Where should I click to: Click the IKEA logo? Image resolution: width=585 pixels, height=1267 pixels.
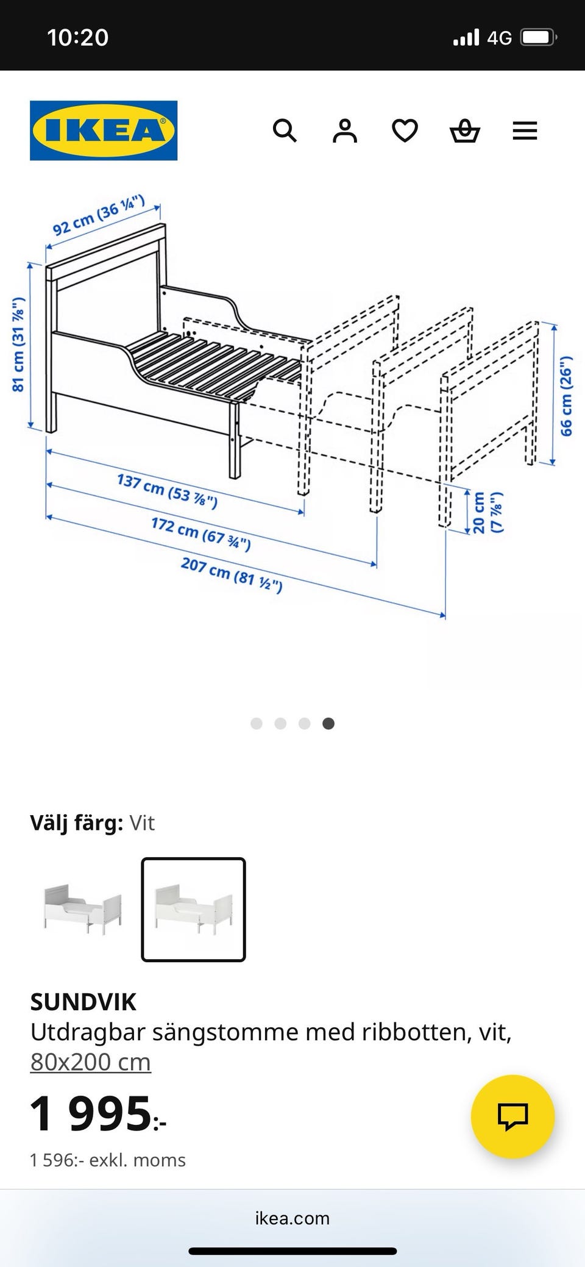coord(104,130)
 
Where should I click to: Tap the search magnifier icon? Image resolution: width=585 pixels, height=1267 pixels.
coord(285,130)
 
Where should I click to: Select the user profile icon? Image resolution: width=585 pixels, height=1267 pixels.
coord(344,130)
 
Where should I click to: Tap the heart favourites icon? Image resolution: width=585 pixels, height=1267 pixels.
coord(405,130)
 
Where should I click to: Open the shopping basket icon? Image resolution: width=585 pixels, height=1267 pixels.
coord(464,130)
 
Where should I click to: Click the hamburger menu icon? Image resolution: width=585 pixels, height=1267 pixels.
coord(525,130)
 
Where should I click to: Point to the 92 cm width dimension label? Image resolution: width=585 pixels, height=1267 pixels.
coord(99,215)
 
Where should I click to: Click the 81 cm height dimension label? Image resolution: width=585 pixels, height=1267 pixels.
coord(18,344)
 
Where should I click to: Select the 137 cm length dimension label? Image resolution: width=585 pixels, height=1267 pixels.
coord(167,490)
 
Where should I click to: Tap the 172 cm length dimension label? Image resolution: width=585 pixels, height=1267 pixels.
coord(201,533)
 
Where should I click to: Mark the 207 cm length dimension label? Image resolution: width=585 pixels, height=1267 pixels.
coord(232,574)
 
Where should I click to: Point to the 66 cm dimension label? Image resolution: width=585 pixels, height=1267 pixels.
coord(567,396)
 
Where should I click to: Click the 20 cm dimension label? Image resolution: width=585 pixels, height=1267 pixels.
coord(487,512)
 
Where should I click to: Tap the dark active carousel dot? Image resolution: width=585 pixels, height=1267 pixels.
coord(328,723)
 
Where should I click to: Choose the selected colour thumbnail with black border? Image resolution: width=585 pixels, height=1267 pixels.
coord(193,909)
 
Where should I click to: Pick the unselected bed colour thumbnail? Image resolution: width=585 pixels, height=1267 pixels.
coord(82,909)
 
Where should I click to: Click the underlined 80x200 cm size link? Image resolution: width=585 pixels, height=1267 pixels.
coord(90,1062)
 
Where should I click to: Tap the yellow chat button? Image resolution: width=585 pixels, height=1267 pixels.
coord(512,1116)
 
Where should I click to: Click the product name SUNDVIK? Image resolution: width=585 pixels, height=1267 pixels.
coord(83,1002)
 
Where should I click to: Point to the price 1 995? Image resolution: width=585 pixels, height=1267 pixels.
coord(97,1113)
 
